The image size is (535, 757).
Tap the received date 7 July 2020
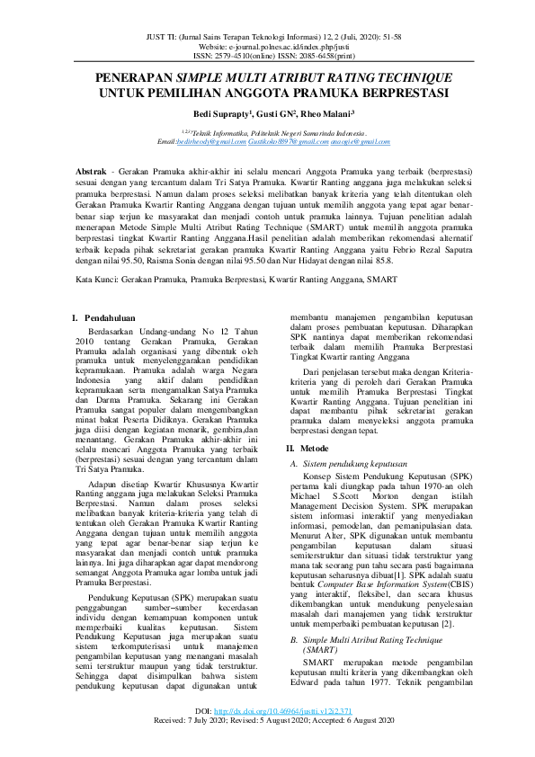(x=212, y=745)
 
